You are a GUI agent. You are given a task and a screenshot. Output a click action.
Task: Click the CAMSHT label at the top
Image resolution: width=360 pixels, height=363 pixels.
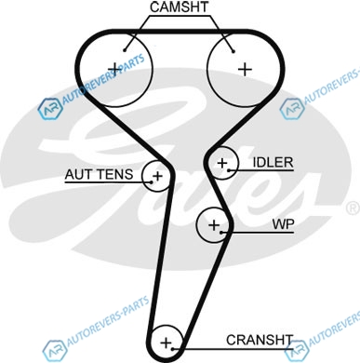[x=180, y=7]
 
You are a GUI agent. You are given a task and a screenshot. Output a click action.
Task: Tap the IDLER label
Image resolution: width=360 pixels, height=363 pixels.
[x=273, y=162]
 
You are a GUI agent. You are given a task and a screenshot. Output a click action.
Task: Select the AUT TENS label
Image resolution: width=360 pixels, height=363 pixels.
[x=99, y=174]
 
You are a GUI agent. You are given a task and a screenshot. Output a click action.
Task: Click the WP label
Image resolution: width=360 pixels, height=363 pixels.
[x=283, y=223]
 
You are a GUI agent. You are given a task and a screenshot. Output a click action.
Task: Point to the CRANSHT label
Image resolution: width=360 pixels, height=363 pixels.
[x=260, y=340]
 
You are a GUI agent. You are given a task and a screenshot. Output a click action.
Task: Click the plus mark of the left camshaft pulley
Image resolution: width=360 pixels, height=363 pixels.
[x=114, y=69]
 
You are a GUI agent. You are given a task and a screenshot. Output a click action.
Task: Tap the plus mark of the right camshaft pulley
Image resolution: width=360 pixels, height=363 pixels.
[x=245, y=69]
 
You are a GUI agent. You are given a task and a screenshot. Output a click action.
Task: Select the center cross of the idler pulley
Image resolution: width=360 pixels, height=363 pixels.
[x=222, y=163]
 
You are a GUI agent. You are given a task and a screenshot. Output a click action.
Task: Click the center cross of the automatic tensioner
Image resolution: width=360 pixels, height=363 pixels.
[x=157, y=176]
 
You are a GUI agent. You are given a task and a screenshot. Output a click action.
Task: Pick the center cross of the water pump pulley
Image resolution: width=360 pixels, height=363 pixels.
[x=214, y=225]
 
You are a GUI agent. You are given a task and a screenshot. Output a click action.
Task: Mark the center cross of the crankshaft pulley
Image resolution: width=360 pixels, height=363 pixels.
[x=167, y=343]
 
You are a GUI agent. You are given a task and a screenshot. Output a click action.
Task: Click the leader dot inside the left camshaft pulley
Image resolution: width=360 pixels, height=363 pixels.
[x=125, y=50]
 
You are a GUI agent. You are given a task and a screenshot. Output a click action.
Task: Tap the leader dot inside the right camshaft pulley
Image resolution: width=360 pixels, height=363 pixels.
[x=233, y=51]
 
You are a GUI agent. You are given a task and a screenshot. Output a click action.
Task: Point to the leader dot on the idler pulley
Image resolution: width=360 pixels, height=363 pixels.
[x=229, y=170]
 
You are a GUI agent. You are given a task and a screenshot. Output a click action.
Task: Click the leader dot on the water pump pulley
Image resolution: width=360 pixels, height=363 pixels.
[x=220, y=232]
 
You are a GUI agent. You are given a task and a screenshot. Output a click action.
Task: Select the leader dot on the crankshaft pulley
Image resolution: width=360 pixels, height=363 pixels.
[x=173, y=349]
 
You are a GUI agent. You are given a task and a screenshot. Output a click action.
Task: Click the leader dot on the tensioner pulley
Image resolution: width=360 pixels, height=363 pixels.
[x=152, y=181]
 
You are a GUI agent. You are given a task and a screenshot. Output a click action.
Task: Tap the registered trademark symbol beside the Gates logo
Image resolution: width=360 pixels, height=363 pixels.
[x=353, y=208]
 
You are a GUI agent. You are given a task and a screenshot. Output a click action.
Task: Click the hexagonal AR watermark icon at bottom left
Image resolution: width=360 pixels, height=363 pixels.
[x=55, y=351]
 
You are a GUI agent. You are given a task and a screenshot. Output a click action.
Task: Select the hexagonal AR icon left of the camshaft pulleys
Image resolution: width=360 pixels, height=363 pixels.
[x=50, y=109]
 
